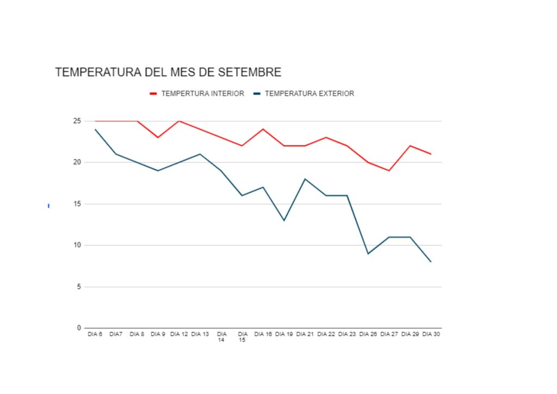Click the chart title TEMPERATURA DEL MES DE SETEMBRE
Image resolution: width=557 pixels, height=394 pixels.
[168, 72]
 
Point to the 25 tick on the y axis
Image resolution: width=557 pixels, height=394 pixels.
[77, 121]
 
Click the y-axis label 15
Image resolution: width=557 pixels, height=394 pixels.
[77, 204]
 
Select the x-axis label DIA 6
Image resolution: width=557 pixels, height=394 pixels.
[95, 334]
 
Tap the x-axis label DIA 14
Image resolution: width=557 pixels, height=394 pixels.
[221, 337]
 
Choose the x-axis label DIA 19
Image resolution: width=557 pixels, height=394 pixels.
[284, 334]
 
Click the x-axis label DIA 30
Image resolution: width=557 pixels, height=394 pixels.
[431, 334]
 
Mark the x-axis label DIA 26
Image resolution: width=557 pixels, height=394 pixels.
[368, 334]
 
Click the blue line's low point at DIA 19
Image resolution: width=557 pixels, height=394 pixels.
[284, 220]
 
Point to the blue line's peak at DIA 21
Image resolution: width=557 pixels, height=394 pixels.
[305, 179]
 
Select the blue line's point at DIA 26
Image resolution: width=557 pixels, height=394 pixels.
[368, 254]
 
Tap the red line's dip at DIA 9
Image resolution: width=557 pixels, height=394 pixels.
[158, 137]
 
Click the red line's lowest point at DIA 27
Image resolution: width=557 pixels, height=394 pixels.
[389, 170]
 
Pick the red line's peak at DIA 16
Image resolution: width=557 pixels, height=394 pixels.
[263, 129]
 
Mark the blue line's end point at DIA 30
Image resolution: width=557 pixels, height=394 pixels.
[431, 262]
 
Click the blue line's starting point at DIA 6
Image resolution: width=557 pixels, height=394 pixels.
[95, 129]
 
